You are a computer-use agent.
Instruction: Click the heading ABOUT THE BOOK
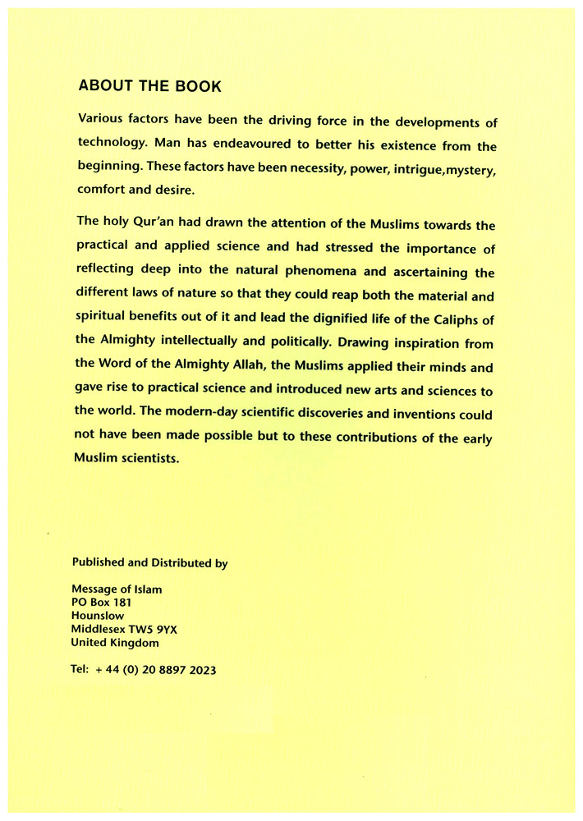click(149, 85)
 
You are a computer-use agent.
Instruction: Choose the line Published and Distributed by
click(149, 562)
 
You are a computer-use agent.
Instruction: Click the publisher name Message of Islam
click(117, 589)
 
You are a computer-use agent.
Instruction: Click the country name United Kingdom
click(115, 642)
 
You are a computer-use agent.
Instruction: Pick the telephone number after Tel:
click(155, 670)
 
